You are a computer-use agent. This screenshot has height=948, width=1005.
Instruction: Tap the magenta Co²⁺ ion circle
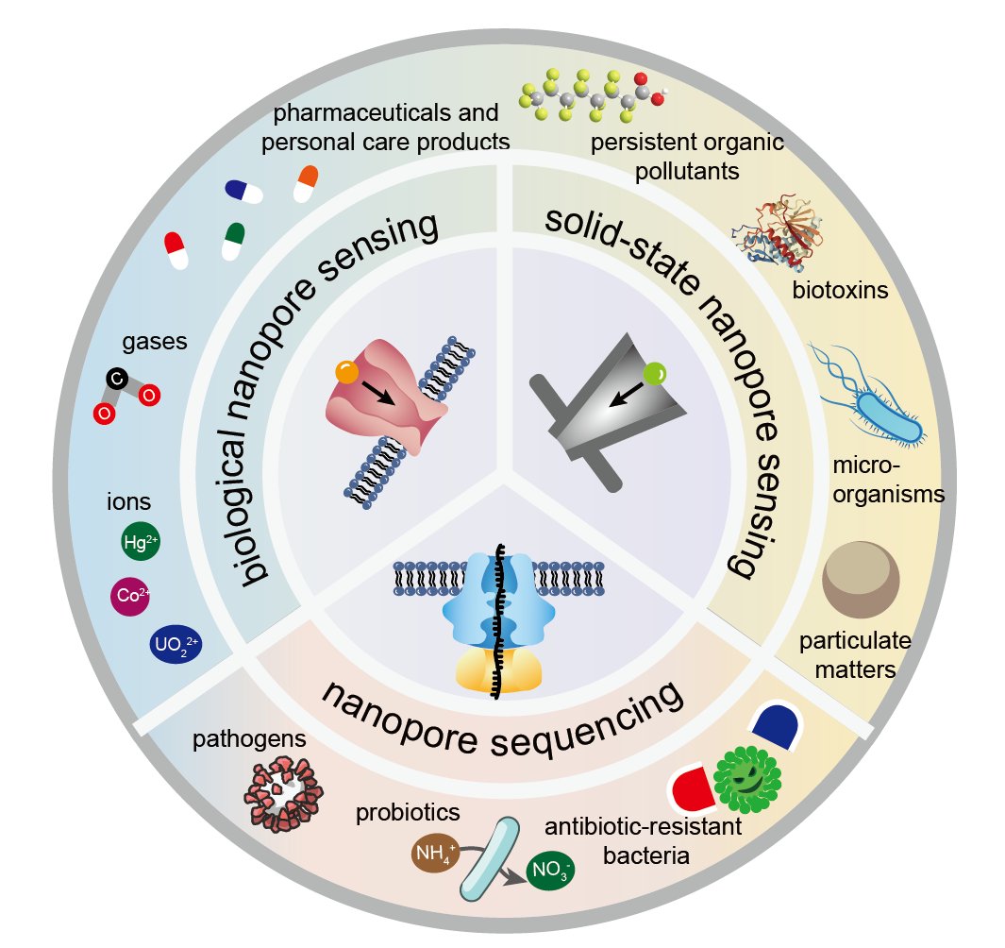point(130,596)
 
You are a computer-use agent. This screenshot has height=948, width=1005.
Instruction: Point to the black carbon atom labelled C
point(116,380)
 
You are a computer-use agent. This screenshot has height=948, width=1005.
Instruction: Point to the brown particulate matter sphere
point(861,586)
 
